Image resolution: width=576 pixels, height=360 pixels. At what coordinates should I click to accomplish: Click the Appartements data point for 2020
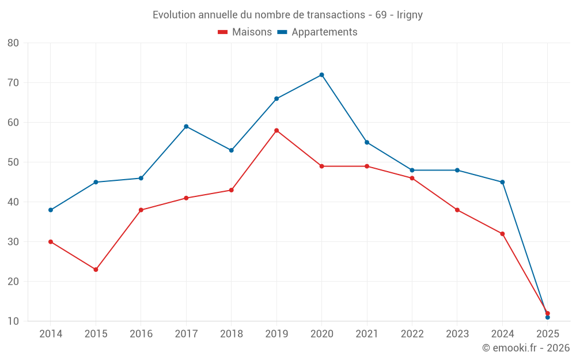point(321,75)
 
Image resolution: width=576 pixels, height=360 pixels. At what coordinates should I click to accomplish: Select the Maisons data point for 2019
point(276,131)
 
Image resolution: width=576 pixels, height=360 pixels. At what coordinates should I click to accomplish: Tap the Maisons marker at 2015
point(96,270)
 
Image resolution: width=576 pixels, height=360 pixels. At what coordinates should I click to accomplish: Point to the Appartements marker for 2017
point(186,127)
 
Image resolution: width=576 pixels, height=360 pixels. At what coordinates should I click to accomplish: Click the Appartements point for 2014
point(51,210)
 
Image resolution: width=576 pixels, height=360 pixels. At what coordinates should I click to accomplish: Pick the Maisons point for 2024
point(502,234)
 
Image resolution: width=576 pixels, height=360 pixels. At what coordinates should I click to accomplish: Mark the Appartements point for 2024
point(502,182)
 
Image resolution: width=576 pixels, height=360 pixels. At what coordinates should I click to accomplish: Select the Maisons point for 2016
point(141,210)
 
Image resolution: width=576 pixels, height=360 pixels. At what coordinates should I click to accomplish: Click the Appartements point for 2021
point(367,142)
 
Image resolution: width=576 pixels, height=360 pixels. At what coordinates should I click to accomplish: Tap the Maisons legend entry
point(245,32)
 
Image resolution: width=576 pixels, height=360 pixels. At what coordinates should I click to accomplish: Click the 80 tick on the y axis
point(13,43)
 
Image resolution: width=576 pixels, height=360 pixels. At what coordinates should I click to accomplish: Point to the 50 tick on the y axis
point(13,162)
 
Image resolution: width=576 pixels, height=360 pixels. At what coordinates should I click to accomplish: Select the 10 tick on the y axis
point(13,321)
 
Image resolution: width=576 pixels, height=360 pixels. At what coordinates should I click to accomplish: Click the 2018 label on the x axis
point(231,334)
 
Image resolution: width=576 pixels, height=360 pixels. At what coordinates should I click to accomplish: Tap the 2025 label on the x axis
point(547,334)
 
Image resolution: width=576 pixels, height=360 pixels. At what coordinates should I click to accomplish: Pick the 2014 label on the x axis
point(51,334)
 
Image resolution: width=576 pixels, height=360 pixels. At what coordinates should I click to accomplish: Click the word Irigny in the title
point(410,15)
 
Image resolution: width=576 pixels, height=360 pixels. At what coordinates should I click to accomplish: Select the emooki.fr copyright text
point(525,348)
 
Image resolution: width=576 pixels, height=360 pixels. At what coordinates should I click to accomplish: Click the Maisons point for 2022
point(412,179)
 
